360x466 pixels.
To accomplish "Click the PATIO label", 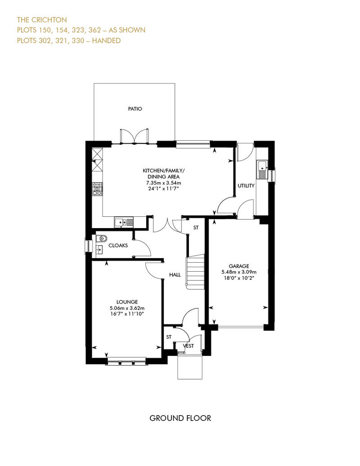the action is (135, 109).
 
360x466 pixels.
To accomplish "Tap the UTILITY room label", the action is (246, 186).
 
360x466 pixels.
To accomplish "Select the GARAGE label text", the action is (239, 266).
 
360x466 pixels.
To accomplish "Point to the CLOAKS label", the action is (118, 246).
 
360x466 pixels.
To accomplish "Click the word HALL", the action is (175, 275).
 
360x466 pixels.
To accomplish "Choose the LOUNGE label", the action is (127, 302).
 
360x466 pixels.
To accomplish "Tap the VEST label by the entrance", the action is (188, 346).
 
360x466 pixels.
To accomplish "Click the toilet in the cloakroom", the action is (102, 238).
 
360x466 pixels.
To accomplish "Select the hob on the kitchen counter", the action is (97, 189).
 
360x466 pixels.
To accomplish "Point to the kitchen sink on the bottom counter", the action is (124, 222).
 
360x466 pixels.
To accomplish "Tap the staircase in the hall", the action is (195, 271).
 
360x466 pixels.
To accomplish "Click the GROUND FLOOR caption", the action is (180, 418).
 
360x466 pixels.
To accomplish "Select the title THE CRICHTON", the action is (42, 20).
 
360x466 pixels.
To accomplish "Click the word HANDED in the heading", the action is (106, 40).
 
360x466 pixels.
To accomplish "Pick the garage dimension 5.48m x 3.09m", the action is (239, 272).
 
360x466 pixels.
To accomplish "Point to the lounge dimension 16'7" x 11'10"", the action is (127, 314).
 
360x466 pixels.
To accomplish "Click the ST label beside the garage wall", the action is (196, 228).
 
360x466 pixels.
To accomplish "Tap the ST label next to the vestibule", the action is (169, 337).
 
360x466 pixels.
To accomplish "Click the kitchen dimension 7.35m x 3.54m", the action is (163, 183).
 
